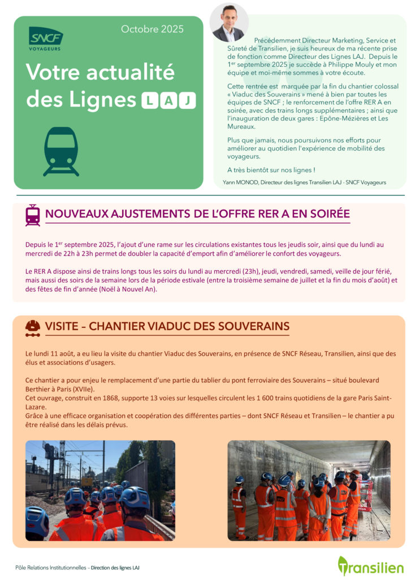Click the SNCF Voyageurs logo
[46, 38]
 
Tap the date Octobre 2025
[152, 29]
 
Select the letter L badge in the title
[149, 101]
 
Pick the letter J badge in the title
[187, 101]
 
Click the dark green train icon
[61, 151]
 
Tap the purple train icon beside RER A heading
[33, 215]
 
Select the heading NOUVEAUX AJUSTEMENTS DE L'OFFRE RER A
[197, 214]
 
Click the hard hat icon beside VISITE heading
[33, 327]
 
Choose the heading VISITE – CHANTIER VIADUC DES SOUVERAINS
[167, 326]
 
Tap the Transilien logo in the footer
[370, 566]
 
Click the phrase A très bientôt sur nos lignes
[271, 169]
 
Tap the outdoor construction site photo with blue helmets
[100, 491]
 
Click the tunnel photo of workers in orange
[309, 491]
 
